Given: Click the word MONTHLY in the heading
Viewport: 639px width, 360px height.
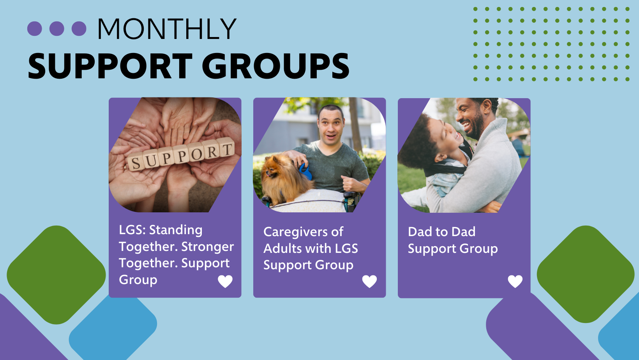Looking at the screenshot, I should pos(167,29).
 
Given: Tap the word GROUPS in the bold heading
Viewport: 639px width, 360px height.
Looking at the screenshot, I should pos(275,66).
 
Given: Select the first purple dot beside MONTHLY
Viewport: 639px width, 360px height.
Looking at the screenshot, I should pos(35,29).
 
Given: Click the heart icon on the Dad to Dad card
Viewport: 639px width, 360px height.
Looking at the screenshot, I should pos(515,281).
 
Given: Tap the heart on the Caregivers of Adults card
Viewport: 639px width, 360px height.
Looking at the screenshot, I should pos(369,281).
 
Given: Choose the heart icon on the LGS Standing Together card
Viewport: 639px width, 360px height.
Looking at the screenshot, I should pos(225,281).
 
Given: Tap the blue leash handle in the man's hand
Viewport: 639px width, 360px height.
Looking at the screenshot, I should pos(305,171).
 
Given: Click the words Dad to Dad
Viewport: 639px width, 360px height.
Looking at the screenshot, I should pos(441,232).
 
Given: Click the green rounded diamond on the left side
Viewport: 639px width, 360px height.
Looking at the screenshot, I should pos(56,275).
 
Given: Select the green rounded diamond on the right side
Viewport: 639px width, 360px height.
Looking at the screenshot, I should pos(585,274).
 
